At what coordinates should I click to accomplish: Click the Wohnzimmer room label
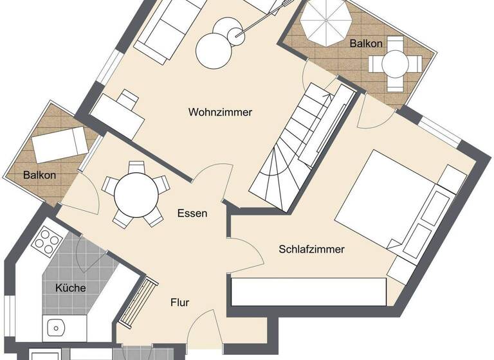pyautogui.click(x=220, y=112)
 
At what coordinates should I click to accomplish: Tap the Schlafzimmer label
pyautogui.click(x=312, y=249)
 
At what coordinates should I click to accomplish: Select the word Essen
pyautogui.click(x=192, y=213)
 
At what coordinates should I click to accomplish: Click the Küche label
pyautogui.click(x=70, y=288)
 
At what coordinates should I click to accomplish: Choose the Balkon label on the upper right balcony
pyautogui.click(x=366, y=44)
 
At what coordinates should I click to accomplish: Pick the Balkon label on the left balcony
pyautogui.click(x=40, y=175)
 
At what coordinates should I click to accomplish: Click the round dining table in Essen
pyautogui.click(x=136, y=193)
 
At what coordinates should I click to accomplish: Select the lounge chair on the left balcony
pyautogui.click(x=59, y=145)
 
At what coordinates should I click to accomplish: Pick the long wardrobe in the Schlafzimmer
pyautogui.click(x=309, y=292)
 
